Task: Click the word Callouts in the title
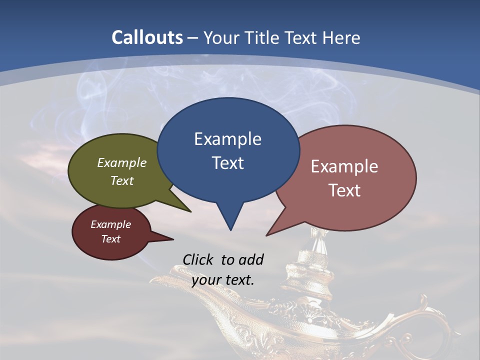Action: click(147, 37)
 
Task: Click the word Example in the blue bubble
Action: click(227, 139)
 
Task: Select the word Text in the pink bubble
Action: click(345, 190)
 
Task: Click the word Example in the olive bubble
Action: click(122, 163)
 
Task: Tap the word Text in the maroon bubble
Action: click(111, 239)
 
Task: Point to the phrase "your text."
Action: click(223, 279)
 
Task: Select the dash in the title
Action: click(193, 37)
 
